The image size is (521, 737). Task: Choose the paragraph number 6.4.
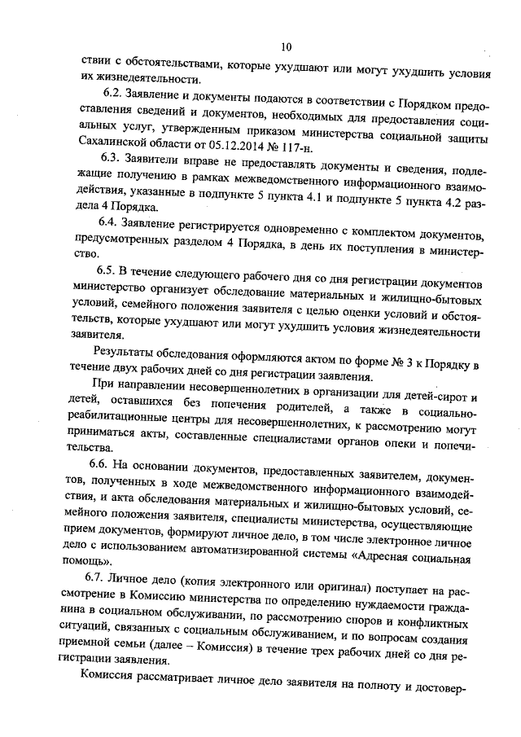[x=109, y=222]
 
